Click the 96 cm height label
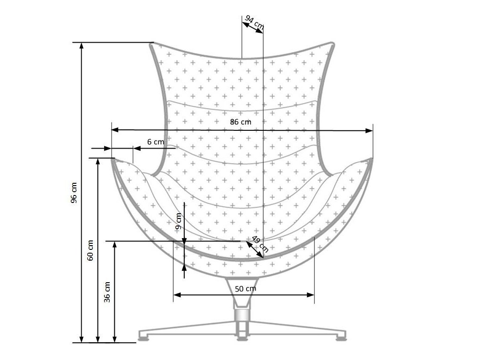tap(74, 192)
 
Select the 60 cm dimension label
tap(91, 250)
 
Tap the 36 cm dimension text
tap(107, 292)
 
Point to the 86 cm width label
tap(240, 121)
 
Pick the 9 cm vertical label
tap(178, 221)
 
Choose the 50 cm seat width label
tap(245, 288)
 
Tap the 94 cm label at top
tap(254, 22)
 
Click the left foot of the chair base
tap(144, 336)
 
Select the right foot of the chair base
tap(341, 336)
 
